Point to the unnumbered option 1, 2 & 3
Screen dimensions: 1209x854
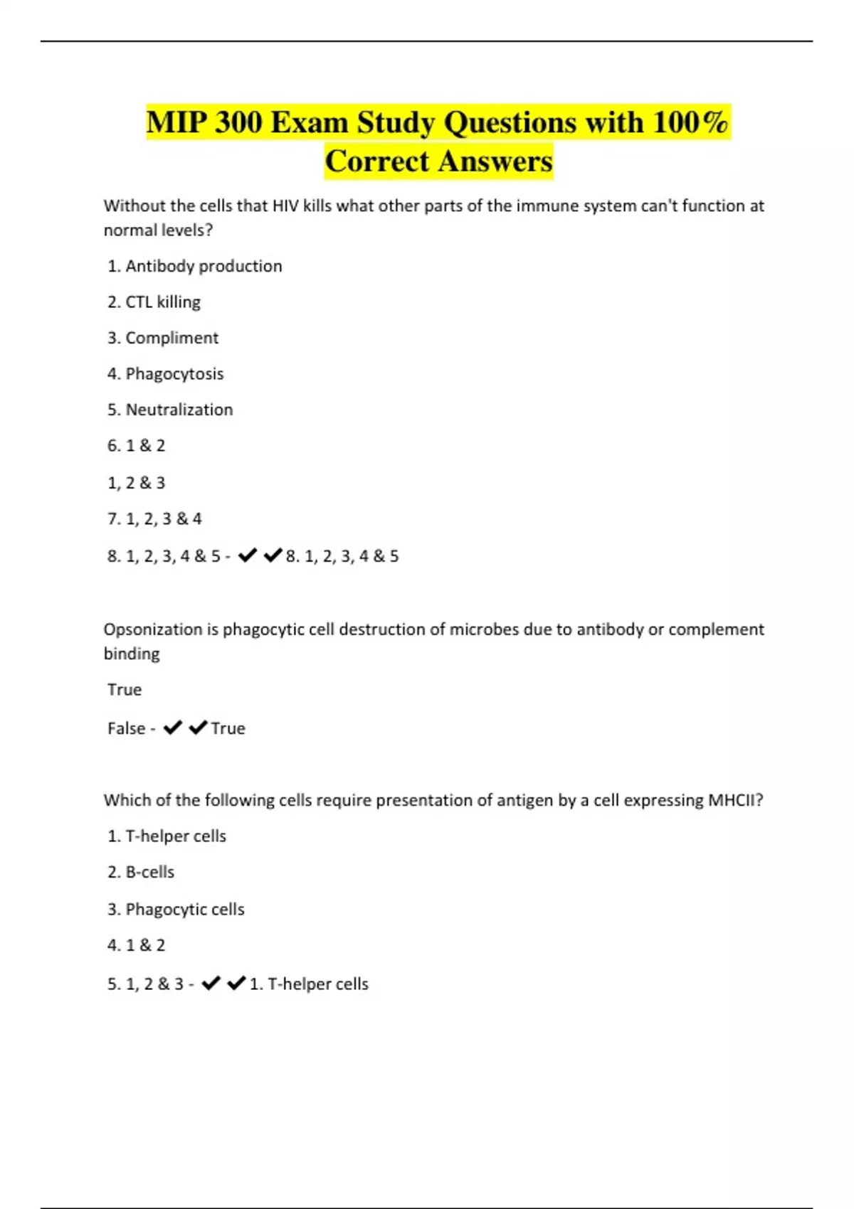pyautogui.click(x=136, y=483)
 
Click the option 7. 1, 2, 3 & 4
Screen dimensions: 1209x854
pyautogui.click(x=154, y=519)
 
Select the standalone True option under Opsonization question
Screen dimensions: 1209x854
pyautogui.click(x=125, y=690)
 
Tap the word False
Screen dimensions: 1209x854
pyautogui.click(x=126, y=728)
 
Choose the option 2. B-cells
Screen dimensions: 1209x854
pyautogui.click(x=141, y=872)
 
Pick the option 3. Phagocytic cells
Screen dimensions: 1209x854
pyautogui.click(x=176, y=909)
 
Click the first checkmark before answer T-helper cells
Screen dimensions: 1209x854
pyautogui.click(x=211, y=984)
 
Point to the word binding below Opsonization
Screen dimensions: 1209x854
pyautogui.click(x=132, y=654)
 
